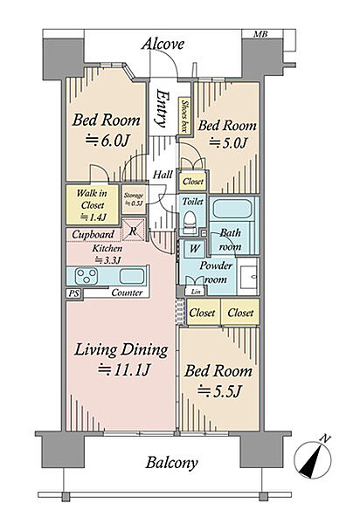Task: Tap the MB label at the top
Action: (260, 34)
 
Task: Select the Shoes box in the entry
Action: (183, 115)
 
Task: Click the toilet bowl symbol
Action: (190, 223)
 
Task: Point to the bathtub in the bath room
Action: (232, 208)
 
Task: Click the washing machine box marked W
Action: (194, 248)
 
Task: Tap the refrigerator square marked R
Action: (134, 230)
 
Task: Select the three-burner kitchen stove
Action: (87, 276)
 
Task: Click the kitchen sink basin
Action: (132, 276)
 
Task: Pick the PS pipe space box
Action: (74, 293)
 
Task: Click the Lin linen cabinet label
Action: (196, 292)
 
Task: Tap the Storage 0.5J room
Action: (134, 199)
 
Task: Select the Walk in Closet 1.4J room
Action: (92, 204)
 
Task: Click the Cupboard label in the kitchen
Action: (93, 234)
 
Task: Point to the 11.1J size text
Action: (124, 370)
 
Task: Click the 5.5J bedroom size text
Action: (219, 390)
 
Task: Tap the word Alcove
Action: (163, 45)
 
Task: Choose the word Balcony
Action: (171, 463)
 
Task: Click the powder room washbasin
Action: (248, 276)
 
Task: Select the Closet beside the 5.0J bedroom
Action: (193, 182)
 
